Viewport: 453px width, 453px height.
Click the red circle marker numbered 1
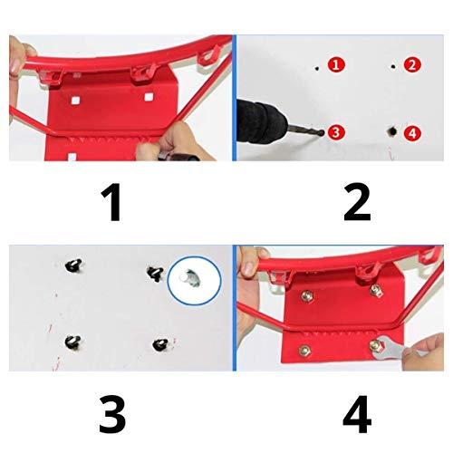[336, 64]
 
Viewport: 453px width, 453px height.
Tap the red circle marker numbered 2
[412, 64]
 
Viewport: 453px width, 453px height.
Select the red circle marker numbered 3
[336, 132]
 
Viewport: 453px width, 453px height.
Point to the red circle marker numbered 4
[412, 133]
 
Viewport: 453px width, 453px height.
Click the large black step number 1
[111, 202]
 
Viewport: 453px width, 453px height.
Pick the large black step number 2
[357, 202]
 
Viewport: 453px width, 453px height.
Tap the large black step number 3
[112, 415]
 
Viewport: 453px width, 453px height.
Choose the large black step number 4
[357, 415]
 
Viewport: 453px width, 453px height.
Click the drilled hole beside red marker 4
[392, 131]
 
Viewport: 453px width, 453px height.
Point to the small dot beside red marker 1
[317, 68]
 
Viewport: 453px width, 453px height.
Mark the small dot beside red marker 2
[393, 66]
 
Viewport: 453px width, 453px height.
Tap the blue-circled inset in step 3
[195, 281]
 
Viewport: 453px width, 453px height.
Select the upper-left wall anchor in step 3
[73, 265]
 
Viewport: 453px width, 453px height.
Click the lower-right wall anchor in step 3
[160, 345]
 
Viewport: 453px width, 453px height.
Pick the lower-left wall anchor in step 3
[72, 342]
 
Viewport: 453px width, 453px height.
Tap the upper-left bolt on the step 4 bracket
[307, 296]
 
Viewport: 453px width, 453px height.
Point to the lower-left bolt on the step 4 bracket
[304, 351]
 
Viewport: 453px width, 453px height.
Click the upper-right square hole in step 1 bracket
[149, 97]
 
